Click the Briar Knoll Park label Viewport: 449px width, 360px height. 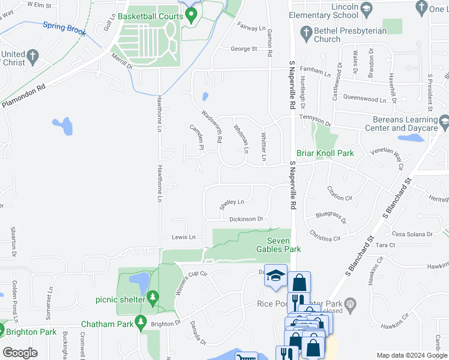tap(325, 153)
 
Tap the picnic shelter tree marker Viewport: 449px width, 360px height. tap(153, 297)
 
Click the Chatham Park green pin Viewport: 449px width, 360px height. tap(140, 322)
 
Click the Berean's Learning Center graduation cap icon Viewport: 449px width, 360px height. tap(444, 124)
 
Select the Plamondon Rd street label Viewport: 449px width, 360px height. tap(24, 96)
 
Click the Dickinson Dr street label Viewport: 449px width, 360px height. tap(246, 219)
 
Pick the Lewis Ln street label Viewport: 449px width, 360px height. tap(184, 237)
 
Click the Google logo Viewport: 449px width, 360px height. tap(20, 353)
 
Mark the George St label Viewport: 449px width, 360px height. tap(244, 49)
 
